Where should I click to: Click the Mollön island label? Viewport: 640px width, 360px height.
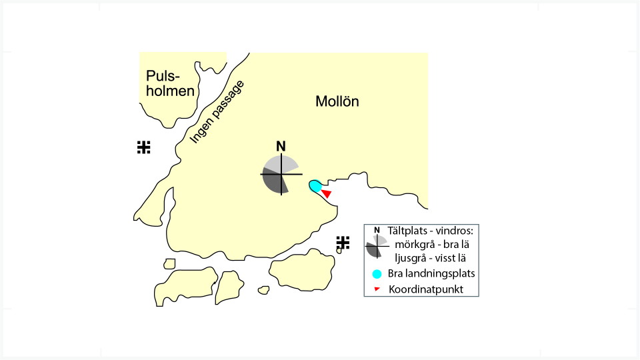pyautogui.click(x=337, y=101)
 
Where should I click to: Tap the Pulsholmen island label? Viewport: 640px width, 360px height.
pyautogui.click(x=170, y=83)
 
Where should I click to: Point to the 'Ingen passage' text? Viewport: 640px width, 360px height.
pyautogui.click(x=217, y=112)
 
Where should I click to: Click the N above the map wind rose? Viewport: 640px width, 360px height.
pyautogui.click(x=281, y=146)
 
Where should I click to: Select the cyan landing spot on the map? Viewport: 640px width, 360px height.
pyautogui.click(x=315, y=186)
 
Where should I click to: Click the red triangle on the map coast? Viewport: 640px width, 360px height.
pyautogui.click(x=327, y=193)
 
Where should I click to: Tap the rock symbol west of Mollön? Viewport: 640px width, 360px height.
pyautogui.click(x=144, y=147)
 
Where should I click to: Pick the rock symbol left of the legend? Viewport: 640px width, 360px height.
pyautogui.click(x=343, y=243)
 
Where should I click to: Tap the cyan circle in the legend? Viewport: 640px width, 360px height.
pyautogui.click(x=377, y=274)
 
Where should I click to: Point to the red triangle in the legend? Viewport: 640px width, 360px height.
pyautogui.click(x=377, y=289)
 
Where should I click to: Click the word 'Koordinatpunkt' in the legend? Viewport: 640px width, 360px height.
pyautogui.click(x=426, y=289)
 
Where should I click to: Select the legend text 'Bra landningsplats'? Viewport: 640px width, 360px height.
pyautogui.click(x=431, y=273)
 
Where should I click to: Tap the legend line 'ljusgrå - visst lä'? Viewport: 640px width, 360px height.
pyautogui.click(x=430, y=258)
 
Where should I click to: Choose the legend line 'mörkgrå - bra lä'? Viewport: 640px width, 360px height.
pyautogui.click(x=432, y=245)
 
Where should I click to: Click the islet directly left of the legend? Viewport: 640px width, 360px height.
pyautogui.click(x=339, y=251)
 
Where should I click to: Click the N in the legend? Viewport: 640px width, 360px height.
pyautogui.click(x=377, y=230)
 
